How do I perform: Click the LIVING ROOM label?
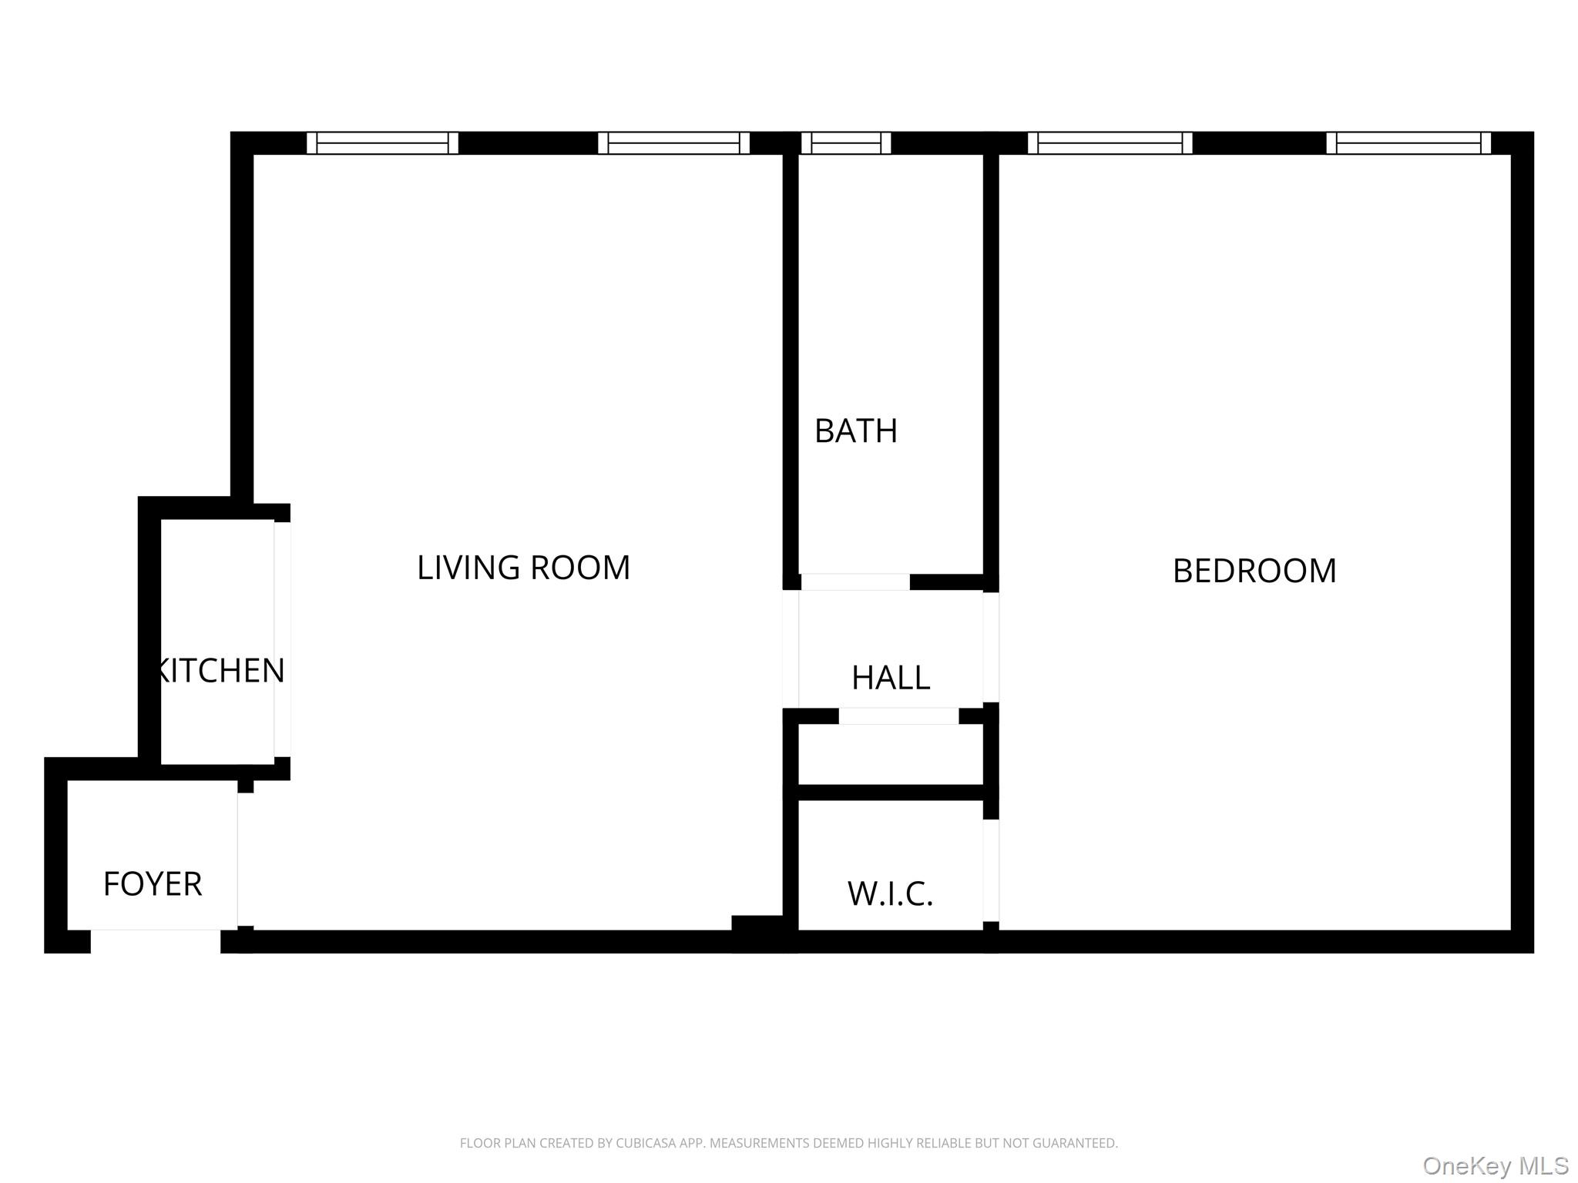523,568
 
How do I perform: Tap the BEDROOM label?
1254,571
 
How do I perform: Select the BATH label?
855,431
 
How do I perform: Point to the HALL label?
890,678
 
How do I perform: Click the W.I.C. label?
890,893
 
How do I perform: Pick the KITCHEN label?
220,670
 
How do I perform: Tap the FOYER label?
153,883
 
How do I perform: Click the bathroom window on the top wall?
846,143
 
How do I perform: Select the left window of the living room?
382,143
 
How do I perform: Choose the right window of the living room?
673,143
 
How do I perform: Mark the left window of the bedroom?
1110,143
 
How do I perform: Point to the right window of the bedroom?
1408,143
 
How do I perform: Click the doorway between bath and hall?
854,582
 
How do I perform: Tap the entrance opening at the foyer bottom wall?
156,941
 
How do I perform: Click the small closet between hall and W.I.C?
890,754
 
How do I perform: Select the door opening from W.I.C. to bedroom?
991,870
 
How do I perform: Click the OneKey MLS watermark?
1495,1166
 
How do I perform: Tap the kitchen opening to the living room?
282,639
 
